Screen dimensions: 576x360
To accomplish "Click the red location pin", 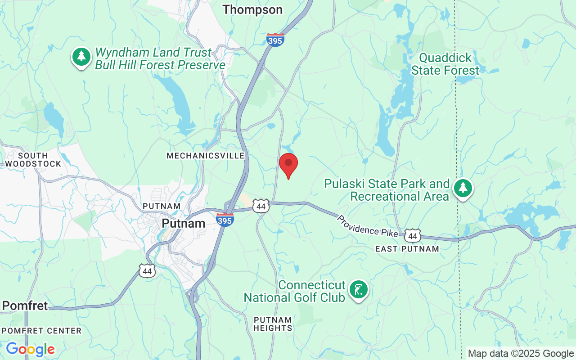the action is [288, 165].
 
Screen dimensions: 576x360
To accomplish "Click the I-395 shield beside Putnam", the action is [225, 220].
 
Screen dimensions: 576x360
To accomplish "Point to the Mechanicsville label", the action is [206, 156].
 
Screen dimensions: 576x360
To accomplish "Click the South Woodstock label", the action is [33, 160].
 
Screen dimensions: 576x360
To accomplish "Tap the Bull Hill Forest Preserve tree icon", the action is [81, 57].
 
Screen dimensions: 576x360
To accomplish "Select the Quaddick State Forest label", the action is [445, 64].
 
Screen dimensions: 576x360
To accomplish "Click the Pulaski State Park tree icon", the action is [463, 188].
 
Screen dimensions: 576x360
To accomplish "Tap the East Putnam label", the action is [407, 249].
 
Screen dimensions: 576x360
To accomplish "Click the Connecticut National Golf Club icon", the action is [359, 290].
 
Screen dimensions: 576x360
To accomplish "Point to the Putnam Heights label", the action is [273, 324].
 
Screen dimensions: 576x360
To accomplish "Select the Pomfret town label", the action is [25, 306].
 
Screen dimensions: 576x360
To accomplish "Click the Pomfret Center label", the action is [41, 331].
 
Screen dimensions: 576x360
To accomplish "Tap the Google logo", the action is [30, 349].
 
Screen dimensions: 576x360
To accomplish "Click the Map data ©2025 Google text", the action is [521, 354].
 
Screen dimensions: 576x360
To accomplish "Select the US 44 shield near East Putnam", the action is [413, 235].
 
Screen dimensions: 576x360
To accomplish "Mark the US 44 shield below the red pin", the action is [261, 206].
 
